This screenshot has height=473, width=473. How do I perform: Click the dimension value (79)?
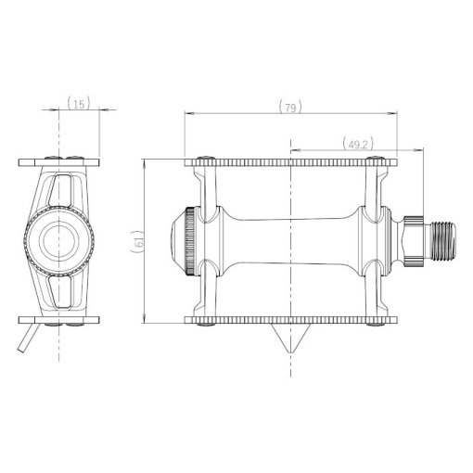coord(290,107)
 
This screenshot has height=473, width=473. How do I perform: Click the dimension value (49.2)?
coord(358,144)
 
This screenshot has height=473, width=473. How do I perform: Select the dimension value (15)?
coord(79,103)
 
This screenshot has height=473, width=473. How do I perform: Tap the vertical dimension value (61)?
coord(138,242)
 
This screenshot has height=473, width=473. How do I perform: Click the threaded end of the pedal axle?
coord(441,241)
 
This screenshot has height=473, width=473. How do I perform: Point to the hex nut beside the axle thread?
coord(413,241)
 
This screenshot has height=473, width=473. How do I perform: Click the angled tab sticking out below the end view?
coord(29,338)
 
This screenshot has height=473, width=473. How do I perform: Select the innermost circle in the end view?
coord(58,241)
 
